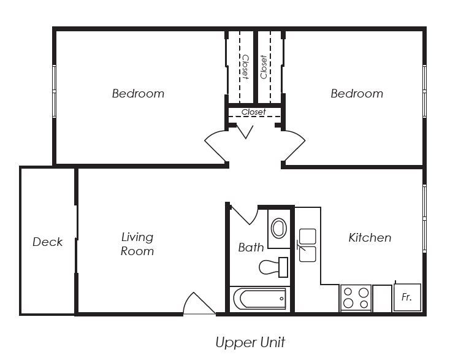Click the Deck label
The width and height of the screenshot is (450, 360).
pos(47,242)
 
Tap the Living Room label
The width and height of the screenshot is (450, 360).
pos(137,244)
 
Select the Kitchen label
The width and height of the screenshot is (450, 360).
pos(370,238)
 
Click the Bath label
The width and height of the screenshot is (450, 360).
pos(251,247)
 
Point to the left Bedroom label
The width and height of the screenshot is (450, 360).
pos(138,94)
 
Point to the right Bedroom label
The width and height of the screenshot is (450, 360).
pos(357,94)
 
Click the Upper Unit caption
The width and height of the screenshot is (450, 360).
pos(250,342)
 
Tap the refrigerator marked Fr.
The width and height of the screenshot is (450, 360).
pos(407,297)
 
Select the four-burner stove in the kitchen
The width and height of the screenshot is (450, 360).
pos(356,298)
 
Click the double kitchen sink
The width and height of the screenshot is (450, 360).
pos(307,245)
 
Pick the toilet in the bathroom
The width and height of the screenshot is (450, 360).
pos(273,267)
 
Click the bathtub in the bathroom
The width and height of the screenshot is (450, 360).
pos(260,299)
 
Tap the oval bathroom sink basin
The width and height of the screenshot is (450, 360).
pos(279,228)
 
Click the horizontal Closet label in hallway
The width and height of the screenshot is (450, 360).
pos(254,112)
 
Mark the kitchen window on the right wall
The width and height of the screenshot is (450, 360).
pos(424,219)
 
